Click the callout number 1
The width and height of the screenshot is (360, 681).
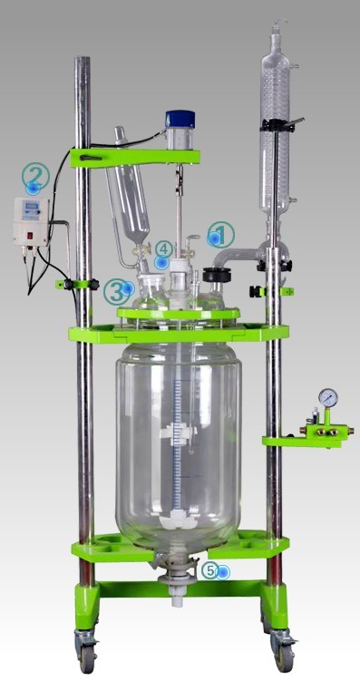tap(221, 235)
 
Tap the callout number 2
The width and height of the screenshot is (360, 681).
tap(35, 176)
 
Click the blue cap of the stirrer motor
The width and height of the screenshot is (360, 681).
tap(180, 119)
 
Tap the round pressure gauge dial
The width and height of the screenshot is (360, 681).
tap(328, 397)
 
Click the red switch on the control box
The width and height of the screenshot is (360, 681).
tap(30, 237)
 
